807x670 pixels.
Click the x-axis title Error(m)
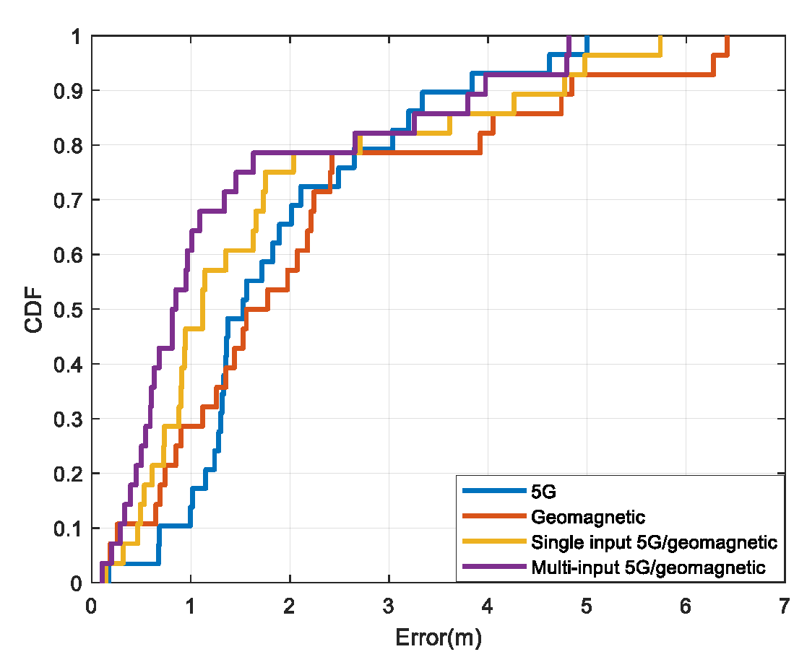(438, 638)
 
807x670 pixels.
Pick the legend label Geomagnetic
(587, 517)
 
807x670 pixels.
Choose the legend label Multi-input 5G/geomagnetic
(648, 567)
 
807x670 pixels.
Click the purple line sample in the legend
(494, 567)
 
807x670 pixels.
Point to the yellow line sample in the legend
(494, 542)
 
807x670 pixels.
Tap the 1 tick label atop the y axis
(76, 36)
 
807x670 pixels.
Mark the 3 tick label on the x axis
(389, 608)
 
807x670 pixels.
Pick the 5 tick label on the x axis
(587, 608)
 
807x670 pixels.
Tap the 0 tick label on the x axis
(91, 608)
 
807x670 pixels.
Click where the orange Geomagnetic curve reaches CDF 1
(727, 37)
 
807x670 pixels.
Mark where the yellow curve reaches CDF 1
(660, 37)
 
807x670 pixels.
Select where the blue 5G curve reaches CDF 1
(587, 37)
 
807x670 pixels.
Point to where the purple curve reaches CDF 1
(569, 37)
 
